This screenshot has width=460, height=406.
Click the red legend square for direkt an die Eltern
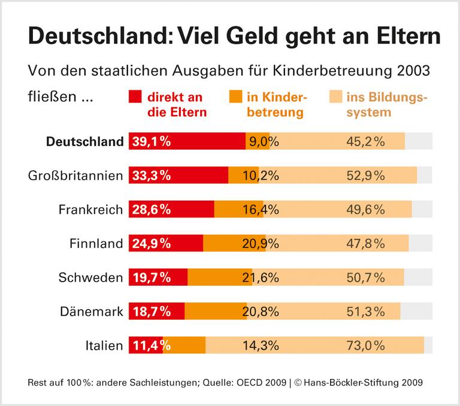(x=135, y=98)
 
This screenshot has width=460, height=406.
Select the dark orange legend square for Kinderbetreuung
(x=235, y=98)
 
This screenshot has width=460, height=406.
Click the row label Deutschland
(x=84, y=142)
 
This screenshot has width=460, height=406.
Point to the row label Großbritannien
(x=75, y=175)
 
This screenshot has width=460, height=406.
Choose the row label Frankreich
(x=90, y=210)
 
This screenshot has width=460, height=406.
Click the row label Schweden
(x=91, y=277)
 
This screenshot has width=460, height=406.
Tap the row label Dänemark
(x=92, y=311)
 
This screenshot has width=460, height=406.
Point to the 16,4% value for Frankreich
(x=261, y=210)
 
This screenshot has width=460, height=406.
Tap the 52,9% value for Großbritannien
(x=365, y=175)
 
